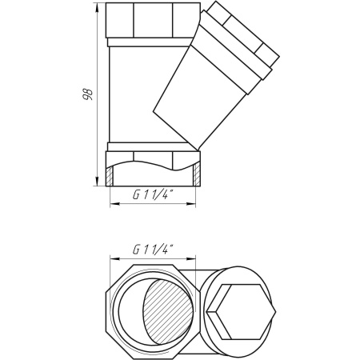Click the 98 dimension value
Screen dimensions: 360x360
coord(88,94)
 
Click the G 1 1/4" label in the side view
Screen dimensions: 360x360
coord(152,195)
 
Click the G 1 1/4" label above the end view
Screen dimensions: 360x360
coord(152,250)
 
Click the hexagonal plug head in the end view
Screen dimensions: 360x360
coord(242,312)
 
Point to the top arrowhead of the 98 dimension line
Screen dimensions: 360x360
coord(97,7)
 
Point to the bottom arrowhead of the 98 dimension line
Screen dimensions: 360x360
coord(97,182)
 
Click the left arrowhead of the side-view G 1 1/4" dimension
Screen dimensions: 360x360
coord(114,204)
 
